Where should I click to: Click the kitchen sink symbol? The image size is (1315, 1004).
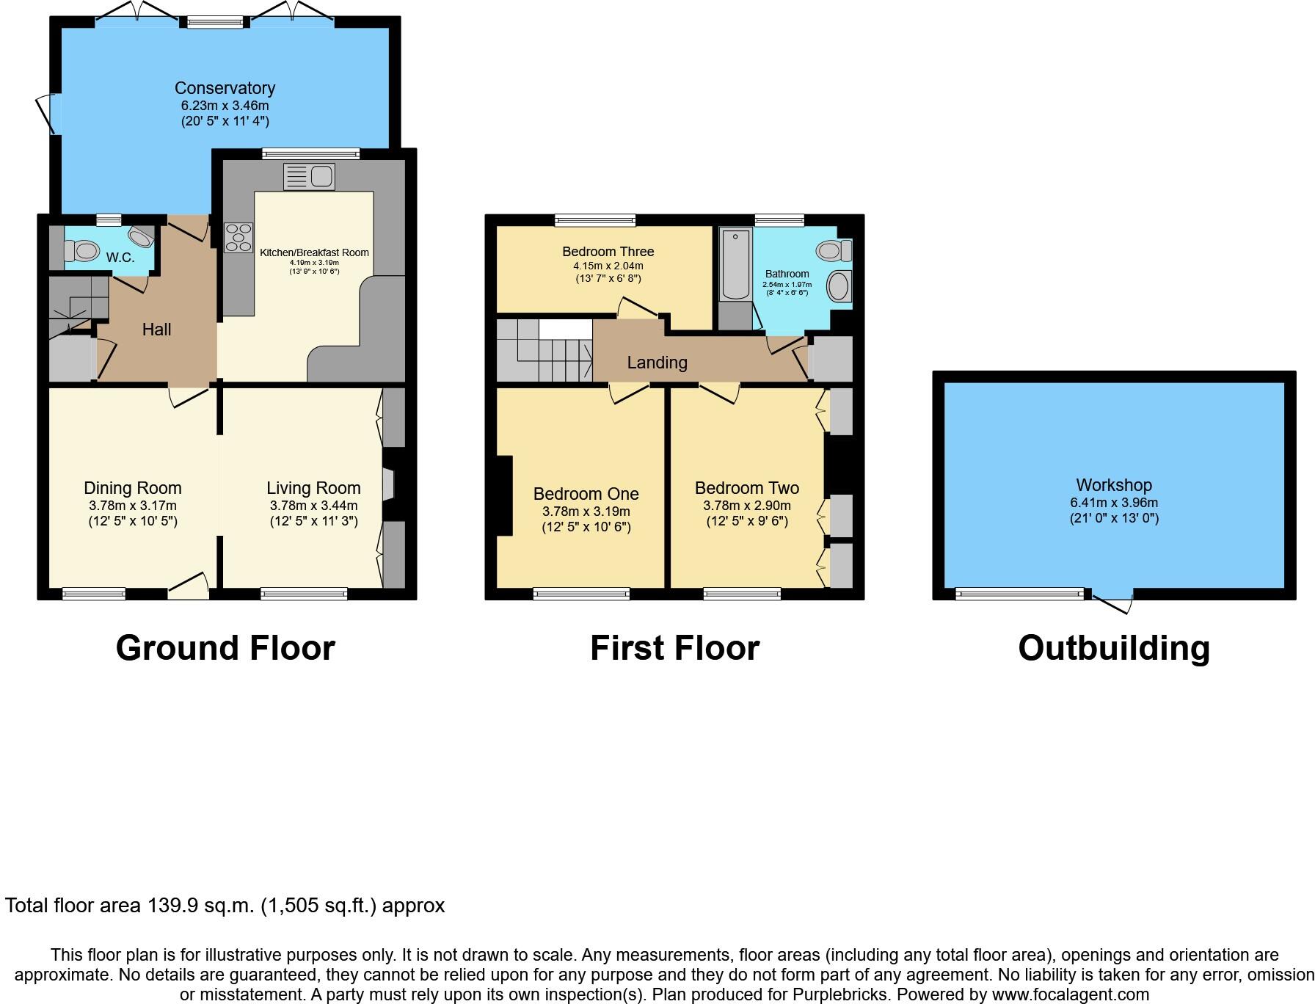(309, 177)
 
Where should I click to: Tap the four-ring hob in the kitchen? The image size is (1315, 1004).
(238, 238)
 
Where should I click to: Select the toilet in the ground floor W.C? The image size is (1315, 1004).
(81, 252)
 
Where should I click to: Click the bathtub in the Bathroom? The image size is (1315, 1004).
(735, 264)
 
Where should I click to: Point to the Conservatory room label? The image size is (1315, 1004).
(225, 88)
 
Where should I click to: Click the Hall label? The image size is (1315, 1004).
(156, 330)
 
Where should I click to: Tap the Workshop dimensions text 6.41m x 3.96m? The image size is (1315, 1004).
(1113, 503)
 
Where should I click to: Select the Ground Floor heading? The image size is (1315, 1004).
(225, 648)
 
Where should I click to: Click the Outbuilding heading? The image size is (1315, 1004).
(1113, 648)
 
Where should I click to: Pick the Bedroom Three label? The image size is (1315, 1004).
(608, 252)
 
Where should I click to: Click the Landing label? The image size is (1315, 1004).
(657, 362)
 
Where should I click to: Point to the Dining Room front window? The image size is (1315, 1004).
(93, 594)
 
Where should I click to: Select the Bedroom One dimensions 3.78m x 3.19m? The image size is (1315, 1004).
(586, 512)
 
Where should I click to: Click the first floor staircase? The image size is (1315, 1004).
(544, 351)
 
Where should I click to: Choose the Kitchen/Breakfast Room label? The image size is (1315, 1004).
(314, 252)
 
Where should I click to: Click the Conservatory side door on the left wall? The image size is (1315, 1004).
(47, 114)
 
